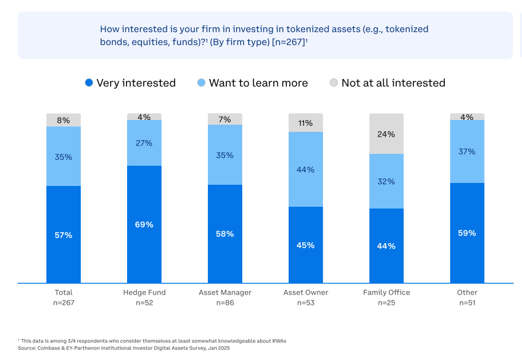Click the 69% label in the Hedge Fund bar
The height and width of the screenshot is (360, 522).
tap(144, 225)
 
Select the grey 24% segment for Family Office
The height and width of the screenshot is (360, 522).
tap(386, 134)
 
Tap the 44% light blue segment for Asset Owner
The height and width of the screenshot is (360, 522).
tap(306, 169)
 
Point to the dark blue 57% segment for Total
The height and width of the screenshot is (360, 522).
tap(64, 235)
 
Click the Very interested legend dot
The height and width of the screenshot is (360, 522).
tap(89, 83)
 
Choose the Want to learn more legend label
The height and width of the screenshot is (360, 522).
tap(258, 83)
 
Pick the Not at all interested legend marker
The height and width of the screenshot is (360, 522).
tap(334, 83)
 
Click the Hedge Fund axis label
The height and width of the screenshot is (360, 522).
tap(144, 292)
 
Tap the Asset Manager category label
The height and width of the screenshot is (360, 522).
tap(225, 292)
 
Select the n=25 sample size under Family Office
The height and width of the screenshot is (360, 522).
tap(386, 303)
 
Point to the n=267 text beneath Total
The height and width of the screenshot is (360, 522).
tap(64, 303)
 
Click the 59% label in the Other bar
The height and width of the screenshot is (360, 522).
tap(467, 233)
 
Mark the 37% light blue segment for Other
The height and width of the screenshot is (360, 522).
tap(467, 151)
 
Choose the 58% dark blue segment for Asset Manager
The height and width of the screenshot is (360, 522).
tap(225, 234)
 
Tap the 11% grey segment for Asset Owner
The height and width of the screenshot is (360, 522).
tap(306, 123)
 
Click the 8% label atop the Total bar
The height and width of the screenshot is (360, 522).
tap(64, 121)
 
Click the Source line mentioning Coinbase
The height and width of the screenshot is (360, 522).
tap(124, 348)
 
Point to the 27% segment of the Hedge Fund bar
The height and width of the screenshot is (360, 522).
tap(144, 143)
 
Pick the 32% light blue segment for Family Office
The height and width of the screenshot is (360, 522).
tap(386, 181)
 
